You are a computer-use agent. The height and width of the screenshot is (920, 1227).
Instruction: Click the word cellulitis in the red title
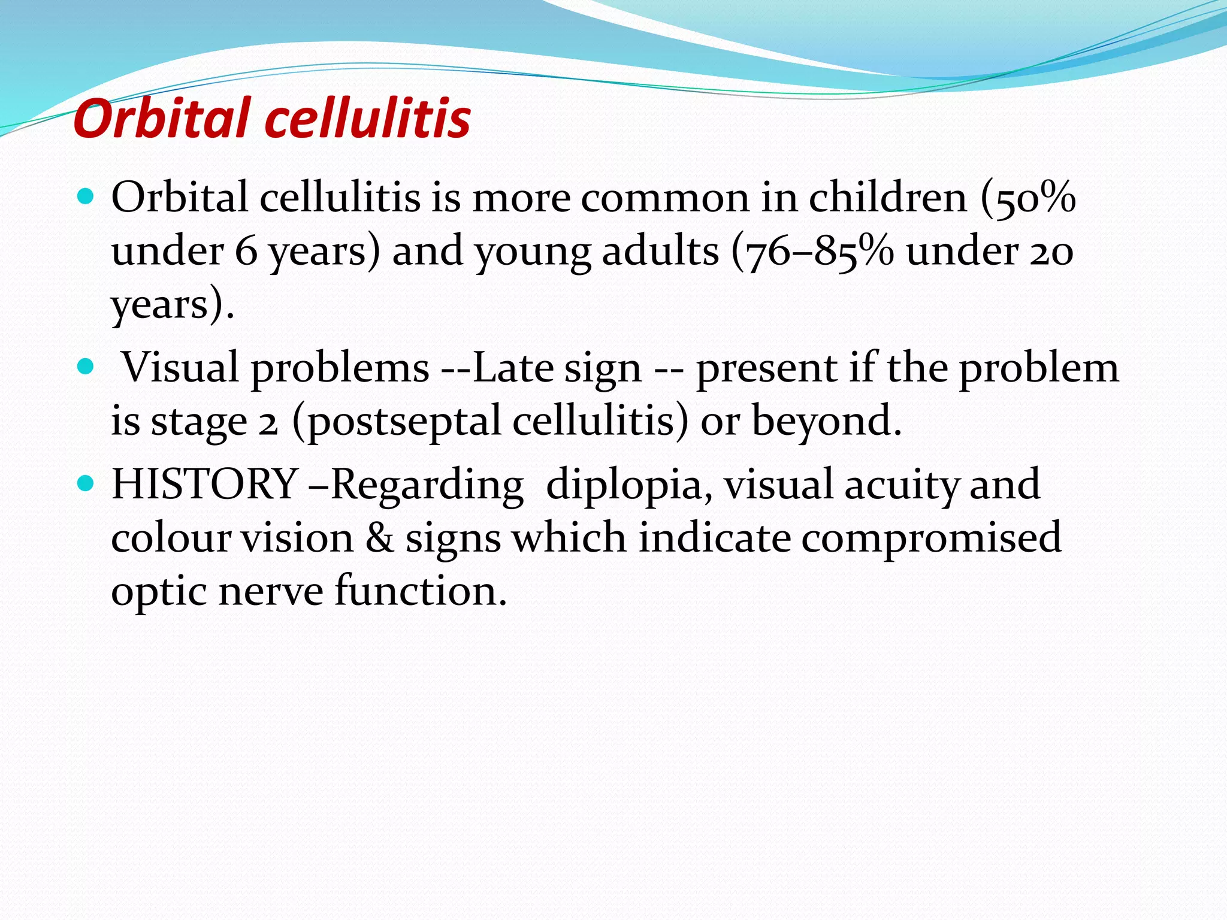tap(367, 118)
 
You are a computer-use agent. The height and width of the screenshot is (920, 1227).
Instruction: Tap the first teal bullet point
tap(86, 196)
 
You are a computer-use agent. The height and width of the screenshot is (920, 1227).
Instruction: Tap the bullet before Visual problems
tap(86, 366)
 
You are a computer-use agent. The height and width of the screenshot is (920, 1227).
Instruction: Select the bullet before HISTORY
tap(86, 483)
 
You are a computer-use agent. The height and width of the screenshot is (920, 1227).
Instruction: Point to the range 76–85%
tap(812, 251)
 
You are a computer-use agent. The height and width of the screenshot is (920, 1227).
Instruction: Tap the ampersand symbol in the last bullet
tap(379, 537)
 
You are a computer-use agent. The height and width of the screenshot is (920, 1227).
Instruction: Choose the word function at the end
tap(419, 591)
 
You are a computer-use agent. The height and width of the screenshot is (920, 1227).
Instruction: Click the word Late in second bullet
tap(512, 367)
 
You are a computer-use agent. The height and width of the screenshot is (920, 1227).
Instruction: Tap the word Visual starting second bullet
tap(180, 367)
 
